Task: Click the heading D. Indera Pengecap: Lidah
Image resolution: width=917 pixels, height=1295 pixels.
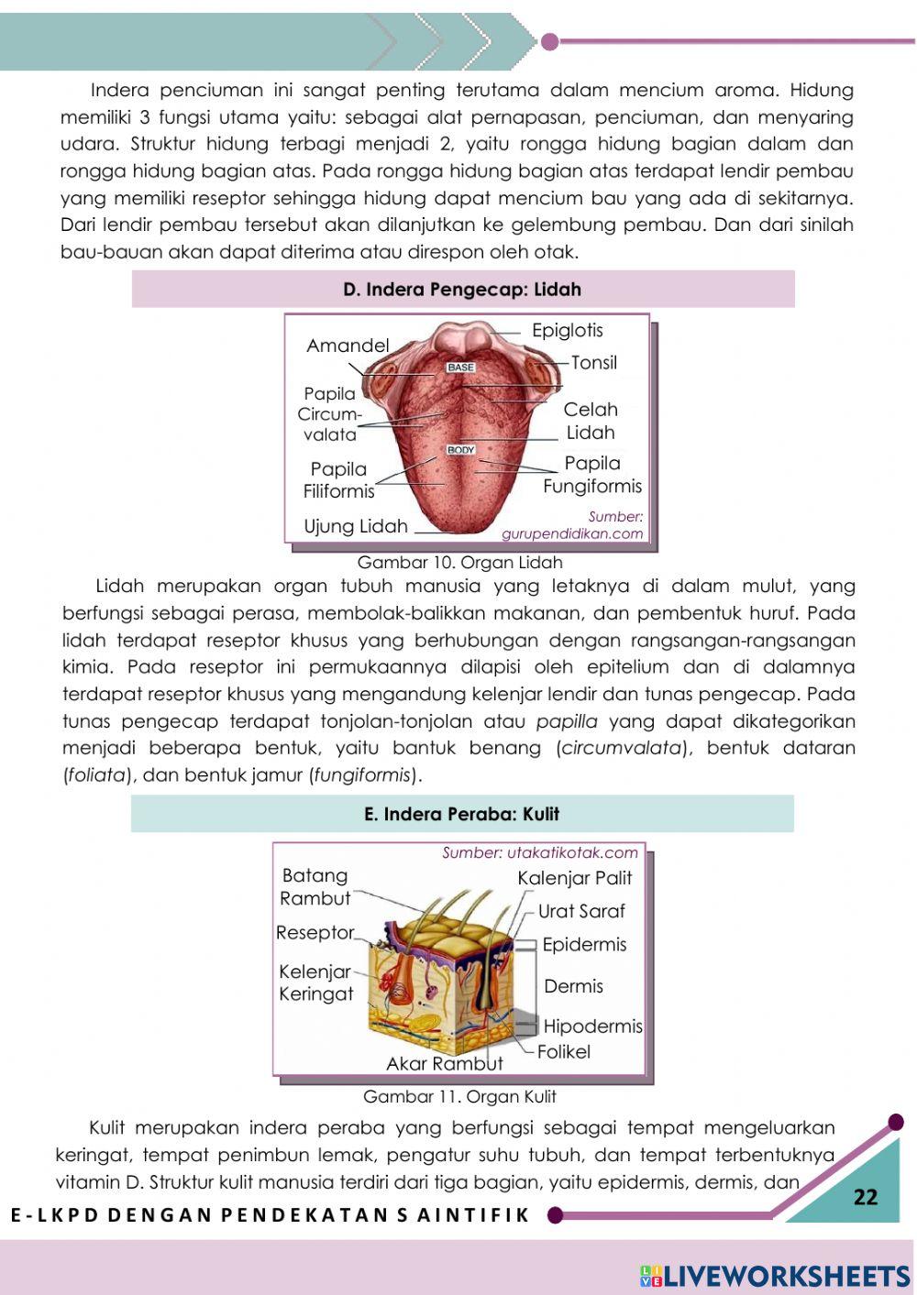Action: (462, 290)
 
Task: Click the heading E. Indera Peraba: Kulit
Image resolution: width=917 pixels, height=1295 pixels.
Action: (461, 814)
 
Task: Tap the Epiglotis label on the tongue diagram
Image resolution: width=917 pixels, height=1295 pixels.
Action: (568, 331)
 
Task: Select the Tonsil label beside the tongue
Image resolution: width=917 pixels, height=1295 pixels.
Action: (594, 363)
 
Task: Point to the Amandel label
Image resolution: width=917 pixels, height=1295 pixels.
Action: (348, 346)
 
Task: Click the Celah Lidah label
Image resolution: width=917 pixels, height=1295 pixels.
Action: (591, 421)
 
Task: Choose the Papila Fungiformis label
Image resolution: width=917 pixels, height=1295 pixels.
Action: (592, 475)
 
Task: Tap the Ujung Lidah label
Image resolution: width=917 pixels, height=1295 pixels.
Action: (356, 526)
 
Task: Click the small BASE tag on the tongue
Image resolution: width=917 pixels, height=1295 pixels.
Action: (461, 368)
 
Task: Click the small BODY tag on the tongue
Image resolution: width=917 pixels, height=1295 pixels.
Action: (461, 450)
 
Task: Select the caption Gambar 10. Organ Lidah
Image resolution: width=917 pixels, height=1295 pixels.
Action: (459, 562)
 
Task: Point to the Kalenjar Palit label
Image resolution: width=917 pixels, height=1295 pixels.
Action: (575, 878)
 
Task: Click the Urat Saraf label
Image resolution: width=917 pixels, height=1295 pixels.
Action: (581, 911)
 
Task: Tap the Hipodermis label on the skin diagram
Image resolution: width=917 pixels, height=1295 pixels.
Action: (592, 1026)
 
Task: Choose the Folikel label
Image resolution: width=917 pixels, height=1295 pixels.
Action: (564, 1052)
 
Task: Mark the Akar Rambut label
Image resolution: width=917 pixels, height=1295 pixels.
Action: (445, 1064)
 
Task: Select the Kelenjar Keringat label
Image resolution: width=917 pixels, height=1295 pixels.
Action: (316, 982)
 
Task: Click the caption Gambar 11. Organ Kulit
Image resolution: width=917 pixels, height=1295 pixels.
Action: (459, 1096)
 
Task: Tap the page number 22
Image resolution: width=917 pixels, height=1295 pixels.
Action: (865, 1196)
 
